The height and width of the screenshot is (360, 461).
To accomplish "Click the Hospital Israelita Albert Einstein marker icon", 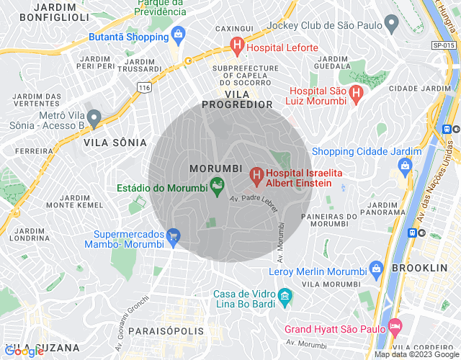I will [x=255, y=175].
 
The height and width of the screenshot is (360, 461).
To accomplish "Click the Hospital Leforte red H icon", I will [x=236, y=48].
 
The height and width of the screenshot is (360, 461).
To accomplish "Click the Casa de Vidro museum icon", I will [x=285, y=296].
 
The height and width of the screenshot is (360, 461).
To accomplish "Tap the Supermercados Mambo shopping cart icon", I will [x=173, y=235].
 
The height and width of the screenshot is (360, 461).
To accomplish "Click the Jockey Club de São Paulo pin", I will [x=392, y=24].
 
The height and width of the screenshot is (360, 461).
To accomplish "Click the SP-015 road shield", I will [x=444, y=45].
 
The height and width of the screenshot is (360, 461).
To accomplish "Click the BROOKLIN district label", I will [x=419, y=267].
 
